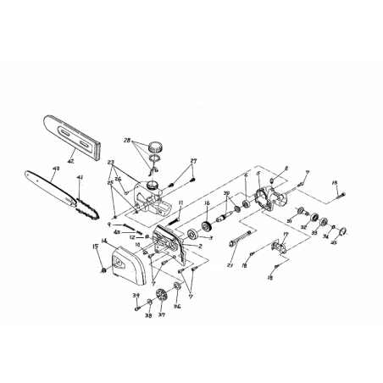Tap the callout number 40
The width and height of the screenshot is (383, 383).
[x=56, y=169]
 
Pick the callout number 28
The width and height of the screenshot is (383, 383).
[x=128, y=140]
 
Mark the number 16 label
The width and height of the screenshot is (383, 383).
[x=207, y=204]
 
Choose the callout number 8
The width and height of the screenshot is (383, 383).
[x=286, y=169]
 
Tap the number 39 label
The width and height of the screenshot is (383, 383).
[x=135, y=297]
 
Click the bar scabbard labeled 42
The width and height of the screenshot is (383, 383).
[x=68, y=127]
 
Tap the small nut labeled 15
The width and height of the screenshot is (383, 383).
[x=103, y=269]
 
